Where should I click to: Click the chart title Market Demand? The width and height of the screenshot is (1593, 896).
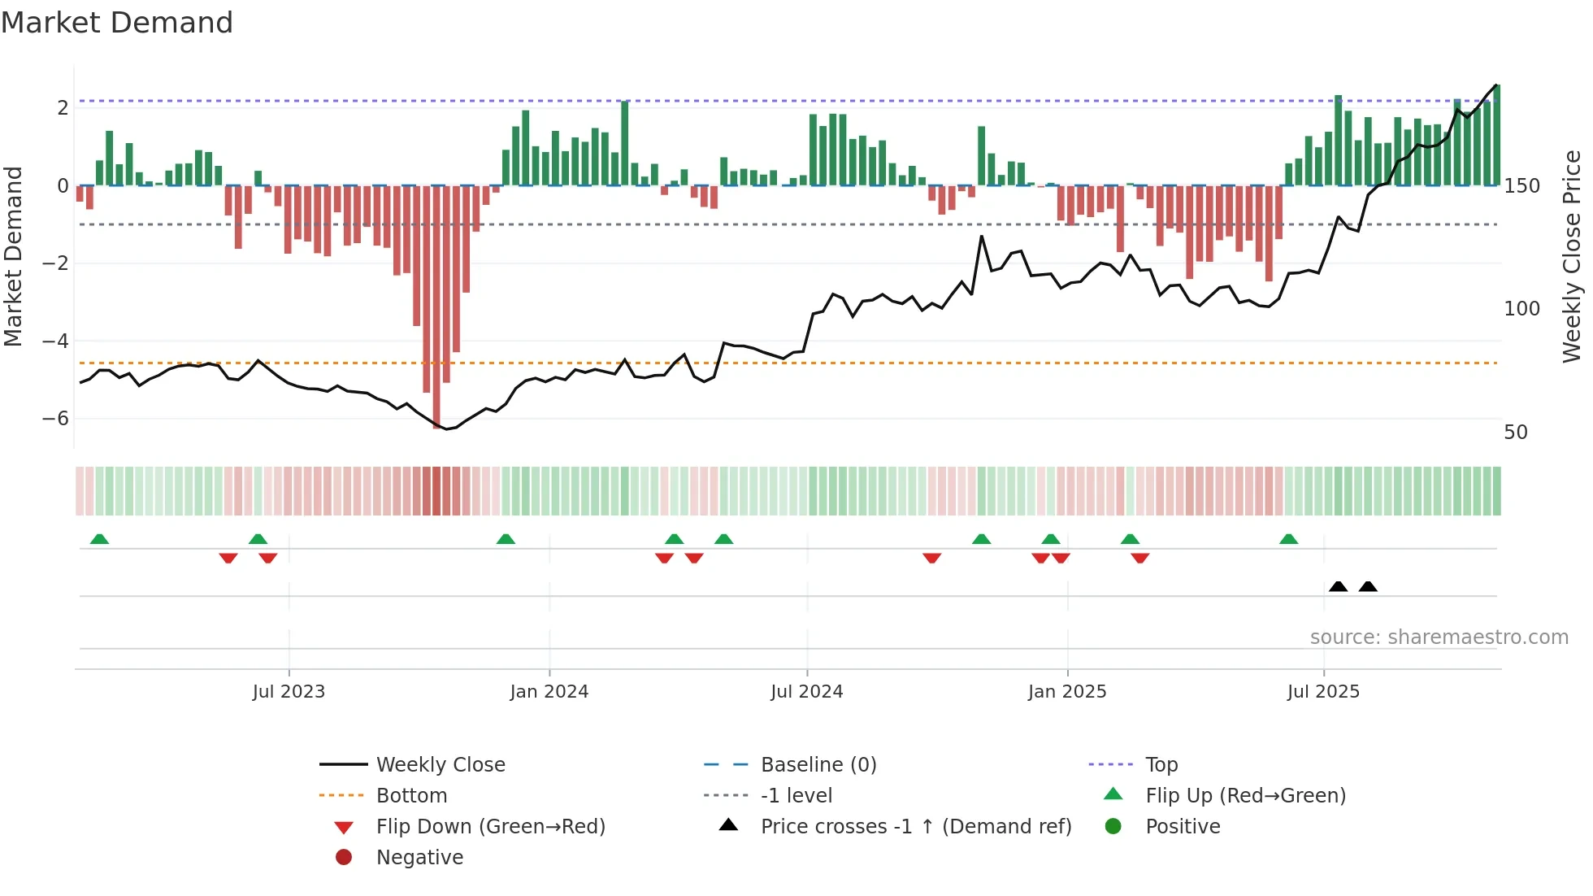(117, 23)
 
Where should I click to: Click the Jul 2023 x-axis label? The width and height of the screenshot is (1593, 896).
(289, 692)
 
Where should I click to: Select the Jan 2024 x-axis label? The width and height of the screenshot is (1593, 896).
(549, 692)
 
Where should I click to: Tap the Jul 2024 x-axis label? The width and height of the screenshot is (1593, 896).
(807, 692)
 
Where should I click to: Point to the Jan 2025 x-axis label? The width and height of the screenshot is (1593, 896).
(1067, 692)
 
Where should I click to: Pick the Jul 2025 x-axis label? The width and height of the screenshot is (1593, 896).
(1323, 692)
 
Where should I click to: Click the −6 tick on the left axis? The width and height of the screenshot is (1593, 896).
(55, 419)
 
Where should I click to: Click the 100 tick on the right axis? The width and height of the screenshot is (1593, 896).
(1521, 309)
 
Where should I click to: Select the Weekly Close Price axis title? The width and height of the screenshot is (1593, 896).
(1572, 256)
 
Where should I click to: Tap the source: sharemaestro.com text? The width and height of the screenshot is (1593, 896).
(1439, 637)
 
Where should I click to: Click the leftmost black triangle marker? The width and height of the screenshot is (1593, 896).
(1338, 586)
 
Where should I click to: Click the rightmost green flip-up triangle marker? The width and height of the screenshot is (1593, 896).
(1288, 539)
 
